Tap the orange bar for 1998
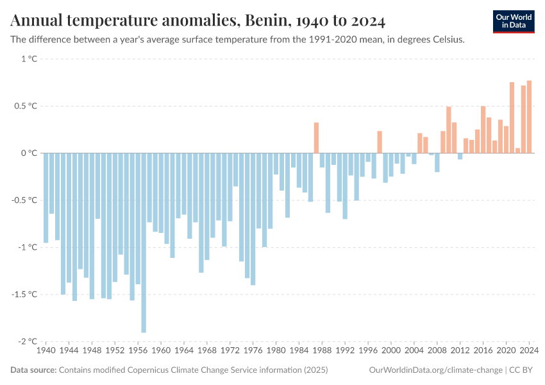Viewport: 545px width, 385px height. tap(380, 142)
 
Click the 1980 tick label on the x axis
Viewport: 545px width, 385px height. tap(276, 351)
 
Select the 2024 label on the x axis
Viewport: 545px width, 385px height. tap(529, 351)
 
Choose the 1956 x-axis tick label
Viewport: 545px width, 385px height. tap(138, 351)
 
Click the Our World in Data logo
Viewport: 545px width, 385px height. tap(514, 21)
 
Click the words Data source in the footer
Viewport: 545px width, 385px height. tap(33, 370)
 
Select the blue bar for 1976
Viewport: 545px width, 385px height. tap(253, 219)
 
